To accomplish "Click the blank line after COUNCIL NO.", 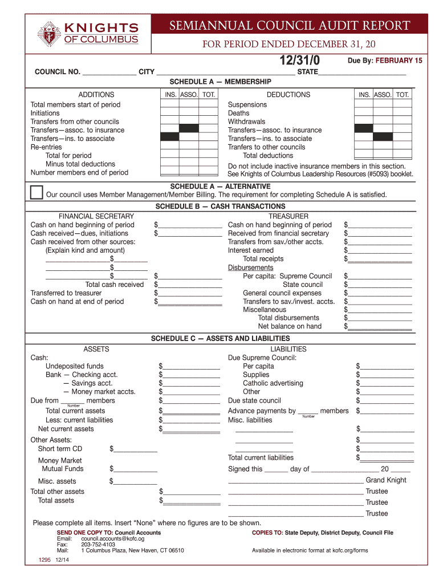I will (109, 72).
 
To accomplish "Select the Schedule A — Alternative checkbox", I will (36, 192).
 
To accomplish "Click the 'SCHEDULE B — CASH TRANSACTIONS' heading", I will (220, 206).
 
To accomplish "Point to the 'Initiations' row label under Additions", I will (45, 113).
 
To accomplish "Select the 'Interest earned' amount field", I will (380, 250).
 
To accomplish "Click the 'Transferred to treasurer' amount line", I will (190, 293).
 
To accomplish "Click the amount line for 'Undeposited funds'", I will (191, 366).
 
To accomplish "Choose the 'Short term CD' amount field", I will (136, 449).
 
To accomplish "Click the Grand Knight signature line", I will (295, 481).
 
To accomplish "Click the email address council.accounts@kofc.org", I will (113, 538).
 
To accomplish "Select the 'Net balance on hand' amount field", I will (380, 327).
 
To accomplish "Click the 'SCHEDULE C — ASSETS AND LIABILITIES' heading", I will (220, 339).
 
